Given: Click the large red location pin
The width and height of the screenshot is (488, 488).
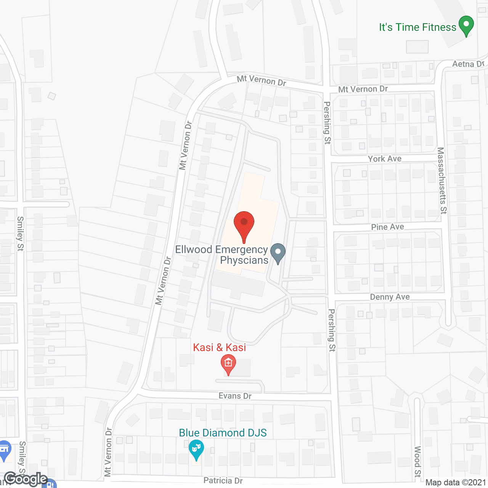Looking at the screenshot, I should pos(244,225).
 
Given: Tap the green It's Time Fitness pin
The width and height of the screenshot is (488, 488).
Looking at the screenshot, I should pos(466,25).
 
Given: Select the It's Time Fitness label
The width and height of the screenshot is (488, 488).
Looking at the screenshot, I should pos(417,27).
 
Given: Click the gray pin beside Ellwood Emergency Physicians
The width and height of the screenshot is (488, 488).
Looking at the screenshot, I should pos(278,253).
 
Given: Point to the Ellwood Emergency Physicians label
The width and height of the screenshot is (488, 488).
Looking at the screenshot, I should pos(222,255).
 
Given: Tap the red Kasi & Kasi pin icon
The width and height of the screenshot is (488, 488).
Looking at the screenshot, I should pos(228,364).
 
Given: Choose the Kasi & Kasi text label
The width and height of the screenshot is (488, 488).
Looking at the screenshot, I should pos(219,347).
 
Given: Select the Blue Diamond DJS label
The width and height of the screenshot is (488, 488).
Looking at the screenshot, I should pos(223,433).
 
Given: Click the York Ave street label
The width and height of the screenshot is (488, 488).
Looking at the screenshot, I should pos(384,159).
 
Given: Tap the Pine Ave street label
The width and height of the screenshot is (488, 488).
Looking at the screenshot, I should pos(387,227).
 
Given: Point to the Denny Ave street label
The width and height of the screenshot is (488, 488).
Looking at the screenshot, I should pos(390,297).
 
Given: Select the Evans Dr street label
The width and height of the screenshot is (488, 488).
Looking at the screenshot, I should pos(235,396).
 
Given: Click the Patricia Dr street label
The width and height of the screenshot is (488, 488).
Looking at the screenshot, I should pos(223,480).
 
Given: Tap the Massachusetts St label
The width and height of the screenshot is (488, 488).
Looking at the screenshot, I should pos(441,181).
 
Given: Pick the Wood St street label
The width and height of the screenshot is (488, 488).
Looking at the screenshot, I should pos(417,461).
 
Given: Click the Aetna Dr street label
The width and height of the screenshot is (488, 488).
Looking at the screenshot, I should pos(468,64).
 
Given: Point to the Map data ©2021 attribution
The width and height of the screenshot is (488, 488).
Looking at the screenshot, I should pos(456,483).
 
